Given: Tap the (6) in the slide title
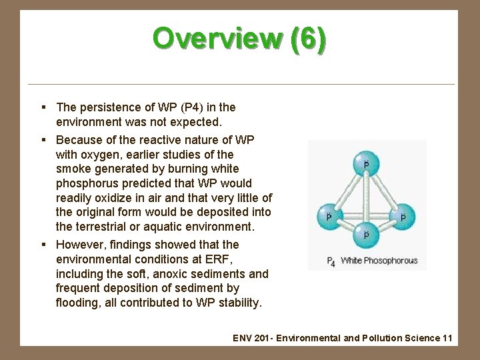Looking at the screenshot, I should tap(309, 39).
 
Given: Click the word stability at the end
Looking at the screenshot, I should tap(243, 303).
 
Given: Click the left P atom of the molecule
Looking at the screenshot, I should tap(327, 216).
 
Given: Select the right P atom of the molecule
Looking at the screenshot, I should tap(403, 216).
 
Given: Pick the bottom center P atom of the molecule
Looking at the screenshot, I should tap(365, 234).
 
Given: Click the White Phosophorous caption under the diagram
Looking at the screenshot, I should tap(378, 261).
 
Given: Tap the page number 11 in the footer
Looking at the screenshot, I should tap(447, 338).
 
